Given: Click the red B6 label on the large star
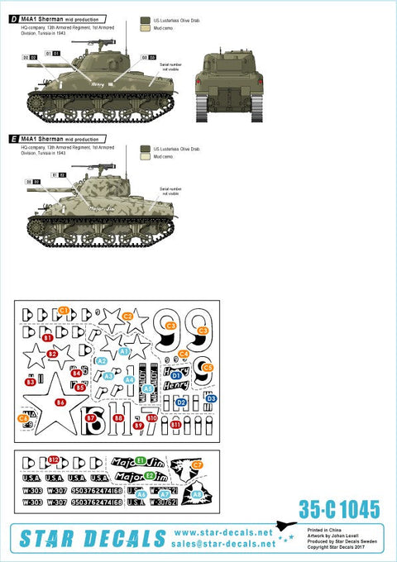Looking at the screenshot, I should [x=60, y=402].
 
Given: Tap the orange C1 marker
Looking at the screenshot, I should [x=64, y=310].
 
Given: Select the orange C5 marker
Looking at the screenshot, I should [x=208, y=367].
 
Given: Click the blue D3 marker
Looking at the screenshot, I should [x=212, y=398].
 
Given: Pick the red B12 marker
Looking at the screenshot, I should [x=54, y=460].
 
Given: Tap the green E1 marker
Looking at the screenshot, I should [x=140, y=460].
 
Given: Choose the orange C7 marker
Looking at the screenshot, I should [x=197, y=465].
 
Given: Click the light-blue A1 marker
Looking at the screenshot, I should [x=124, y=351].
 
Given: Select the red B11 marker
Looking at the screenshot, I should [x=175, y=423].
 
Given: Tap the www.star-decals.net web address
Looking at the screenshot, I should [x=224, y=533].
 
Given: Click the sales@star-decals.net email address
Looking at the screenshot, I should [x=224, y=545].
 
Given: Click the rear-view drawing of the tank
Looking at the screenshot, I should [x=227, y=86].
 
